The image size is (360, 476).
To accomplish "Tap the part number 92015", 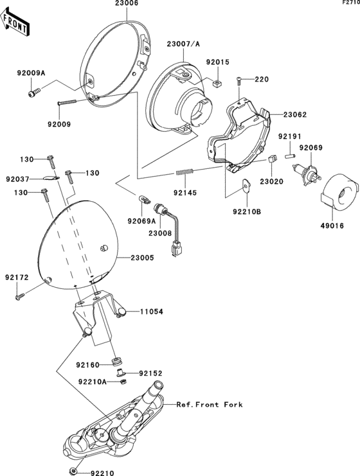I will [x=217, y=62].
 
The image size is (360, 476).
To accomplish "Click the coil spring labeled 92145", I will [x=184, y=172].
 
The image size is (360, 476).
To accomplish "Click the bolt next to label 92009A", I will [x=32, y=94].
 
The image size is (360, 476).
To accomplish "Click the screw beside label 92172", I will [x=21, y=296].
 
